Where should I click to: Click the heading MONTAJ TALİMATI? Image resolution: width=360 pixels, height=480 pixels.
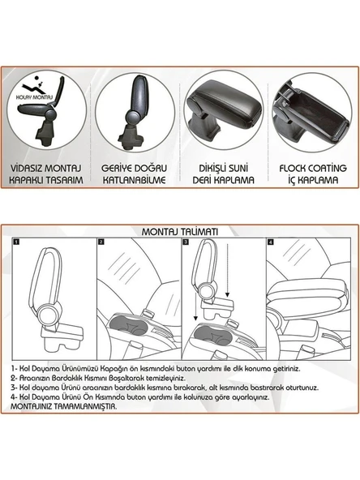click(180, 232)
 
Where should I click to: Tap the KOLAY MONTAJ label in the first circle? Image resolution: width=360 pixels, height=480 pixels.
click(35, 97)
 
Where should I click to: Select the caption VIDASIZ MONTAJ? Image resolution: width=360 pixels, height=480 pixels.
click(46, 169)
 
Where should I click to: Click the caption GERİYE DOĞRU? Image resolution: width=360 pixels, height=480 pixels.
click(134, 169)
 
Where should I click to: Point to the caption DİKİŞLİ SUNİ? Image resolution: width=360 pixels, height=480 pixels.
click(224, 169)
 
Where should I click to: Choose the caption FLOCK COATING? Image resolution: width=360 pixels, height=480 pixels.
click(313, 169)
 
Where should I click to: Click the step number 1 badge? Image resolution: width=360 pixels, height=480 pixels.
click(16, 242)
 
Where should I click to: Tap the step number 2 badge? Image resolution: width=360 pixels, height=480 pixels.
click(101, 242)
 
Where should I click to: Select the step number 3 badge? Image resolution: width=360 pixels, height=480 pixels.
click(186, 242)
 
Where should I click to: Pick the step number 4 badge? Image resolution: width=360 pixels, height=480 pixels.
click(270, 242)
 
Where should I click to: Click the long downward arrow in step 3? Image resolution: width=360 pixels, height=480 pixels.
click(227, 270)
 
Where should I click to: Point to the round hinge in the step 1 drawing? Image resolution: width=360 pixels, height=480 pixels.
click(48, 314)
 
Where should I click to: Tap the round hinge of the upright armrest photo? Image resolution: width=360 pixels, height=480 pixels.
click(133, 118)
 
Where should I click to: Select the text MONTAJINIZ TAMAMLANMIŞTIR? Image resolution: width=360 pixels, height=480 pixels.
click(64, 407)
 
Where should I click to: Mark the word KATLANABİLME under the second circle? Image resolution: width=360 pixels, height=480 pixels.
click(134, 180)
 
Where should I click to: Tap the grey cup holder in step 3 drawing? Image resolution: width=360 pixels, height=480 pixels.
click(212, 334)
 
